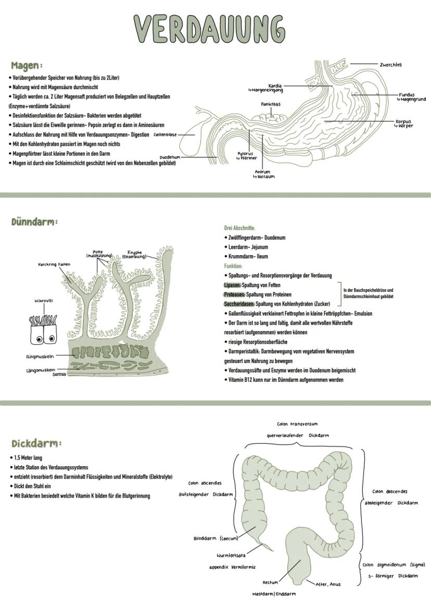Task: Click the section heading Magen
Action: click(x=26, y=66)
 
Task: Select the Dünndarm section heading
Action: click(x=34, y=222)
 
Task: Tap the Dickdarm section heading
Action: click(x=36, y=444)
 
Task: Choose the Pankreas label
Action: click(x=271, y=104)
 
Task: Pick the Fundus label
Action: click(x=407, y=95)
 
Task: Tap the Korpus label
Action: click(x=403, y=122)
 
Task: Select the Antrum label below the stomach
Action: click(x=262, y=171)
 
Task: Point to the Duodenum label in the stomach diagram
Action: click(x=170, y=156)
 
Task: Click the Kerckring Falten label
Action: click(x=54, y=264)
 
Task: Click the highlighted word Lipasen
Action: click(x=232, y=285)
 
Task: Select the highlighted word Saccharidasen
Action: click(x=239, y=304)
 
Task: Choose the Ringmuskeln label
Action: click(x=41, y=357)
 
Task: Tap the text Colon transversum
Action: click(x=297, y=424)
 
